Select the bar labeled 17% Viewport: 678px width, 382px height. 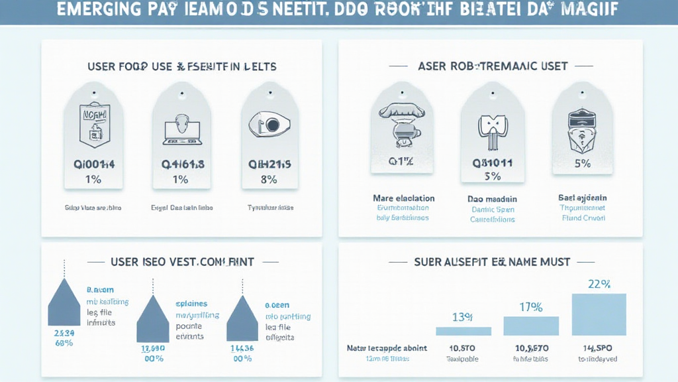click(531, 325)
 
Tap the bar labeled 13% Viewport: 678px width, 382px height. click(463, 330)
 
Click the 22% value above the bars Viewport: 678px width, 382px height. click(599, 284)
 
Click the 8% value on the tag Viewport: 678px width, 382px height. click(269, 179)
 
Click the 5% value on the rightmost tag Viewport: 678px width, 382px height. click(583, 163)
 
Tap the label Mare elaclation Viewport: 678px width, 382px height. click(403, 198)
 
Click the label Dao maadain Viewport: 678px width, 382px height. click(492, 199)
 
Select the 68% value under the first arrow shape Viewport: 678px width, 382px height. click(64, 342)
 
